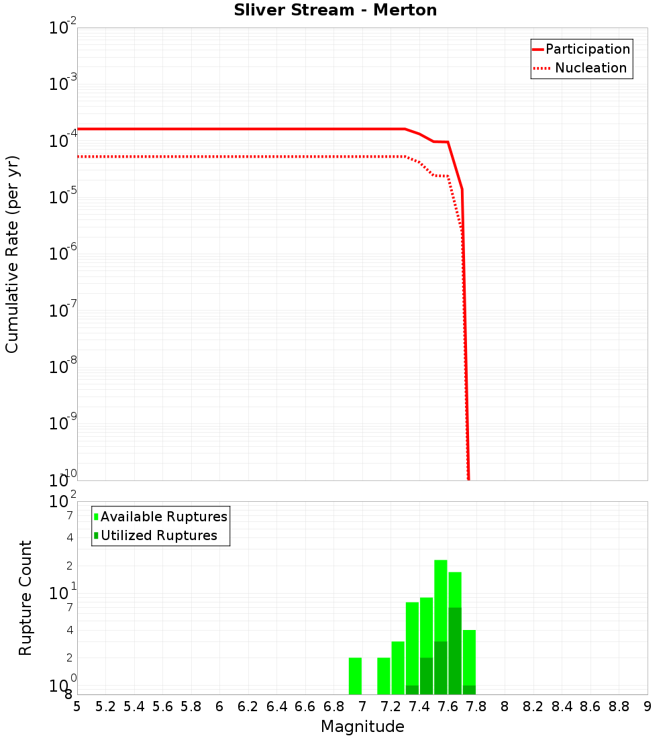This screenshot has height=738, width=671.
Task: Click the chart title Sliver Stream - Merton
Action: [335, 10]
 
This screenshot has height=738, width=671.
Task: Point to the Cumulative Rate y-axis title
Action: [12, 254]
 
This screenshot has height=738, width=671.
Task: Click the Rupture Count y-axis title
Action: [25, 598]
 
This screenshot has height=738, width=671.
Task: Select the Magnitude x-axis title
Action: [362, 727]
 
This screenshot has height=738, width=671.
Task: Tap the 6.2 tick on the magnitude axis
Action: [248, 706]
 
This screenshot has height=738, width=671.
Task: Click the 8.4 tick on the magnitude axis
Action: [562, 706]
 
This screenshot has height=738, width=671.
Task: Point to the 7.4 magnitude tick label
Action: [419, 706]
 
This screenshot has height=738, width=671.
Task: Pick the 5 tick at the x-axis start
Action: [77, 706]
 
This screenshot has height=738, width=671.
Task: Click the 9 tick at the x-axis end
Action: [648, 706]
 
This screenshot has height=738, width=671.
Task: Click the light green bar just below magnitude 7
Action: [355, 676]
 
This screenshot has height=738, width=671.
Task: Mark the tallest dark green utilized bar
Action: [455, 651]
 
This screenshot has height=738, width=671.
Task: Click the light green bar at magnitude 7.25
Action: [398, 668]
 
